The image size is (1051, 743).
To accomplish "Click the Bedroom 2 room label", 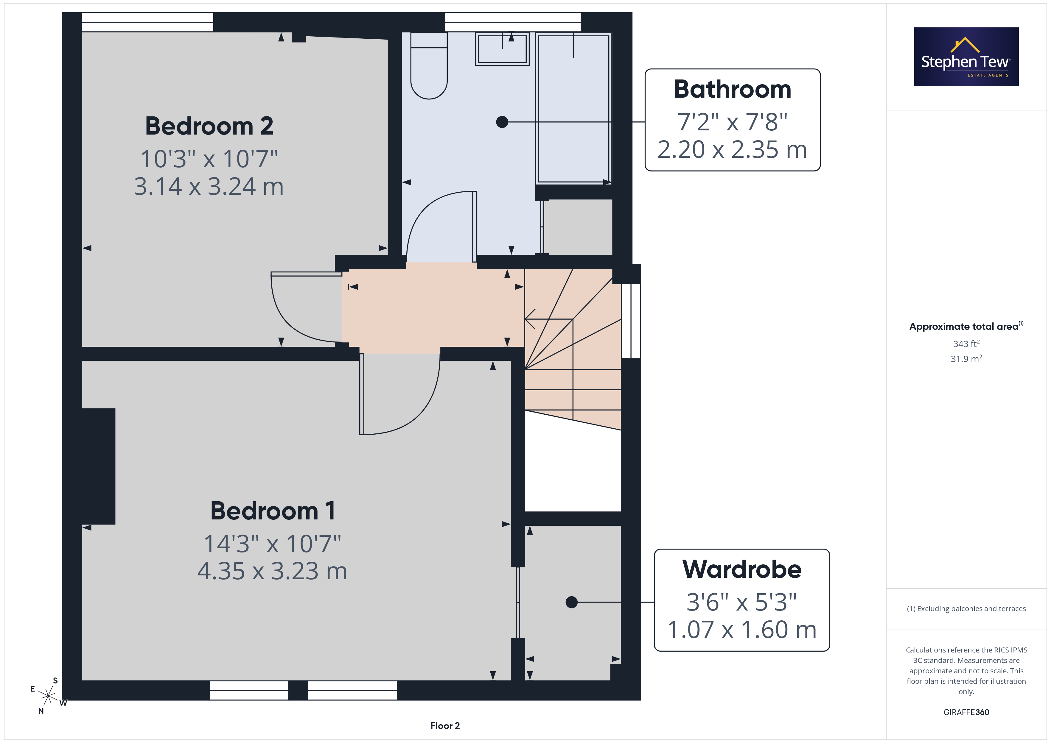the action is point(209,126).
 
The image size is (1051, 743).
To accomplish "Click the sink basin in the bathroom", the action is point(502,49).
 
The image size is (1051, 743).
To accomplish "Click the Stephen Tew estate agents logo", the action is point(966,57).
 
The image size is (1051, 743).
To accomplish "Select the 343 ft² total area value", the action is point(966,344).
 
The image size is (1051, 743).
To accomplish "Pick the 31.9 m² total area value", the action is point(966,359).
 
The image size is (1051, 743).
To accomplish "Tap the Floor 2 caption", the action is point(445,726).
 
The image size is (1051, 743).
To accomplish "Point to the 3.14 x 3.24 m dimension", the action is point(209,186).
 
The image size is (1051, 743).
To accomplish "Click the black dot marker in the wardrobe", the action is point(571,602).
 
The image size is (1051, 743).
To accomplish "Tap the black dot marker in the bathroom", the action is point(502,122).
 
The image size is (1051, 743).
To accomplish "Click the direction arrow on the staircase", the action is point(548,319).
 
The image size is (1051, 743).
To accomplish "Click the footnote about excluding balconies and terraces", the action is point(966,608).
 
